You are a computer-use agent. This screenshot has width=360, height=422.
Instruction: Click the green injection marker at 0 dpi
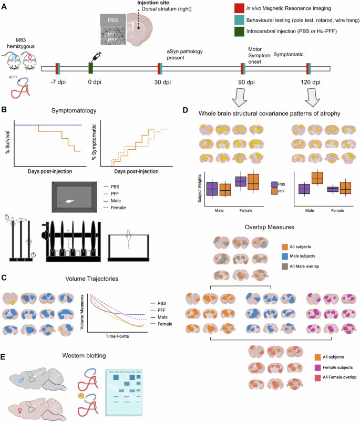[x=91, y=68]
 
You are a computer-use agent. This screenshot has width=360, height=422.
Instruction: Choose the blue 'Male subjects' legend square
[x=285, y=256]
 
